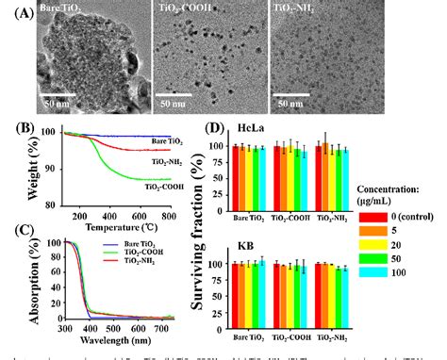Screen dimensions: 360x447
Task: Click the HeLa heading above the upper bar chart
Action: pos(242,127)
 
